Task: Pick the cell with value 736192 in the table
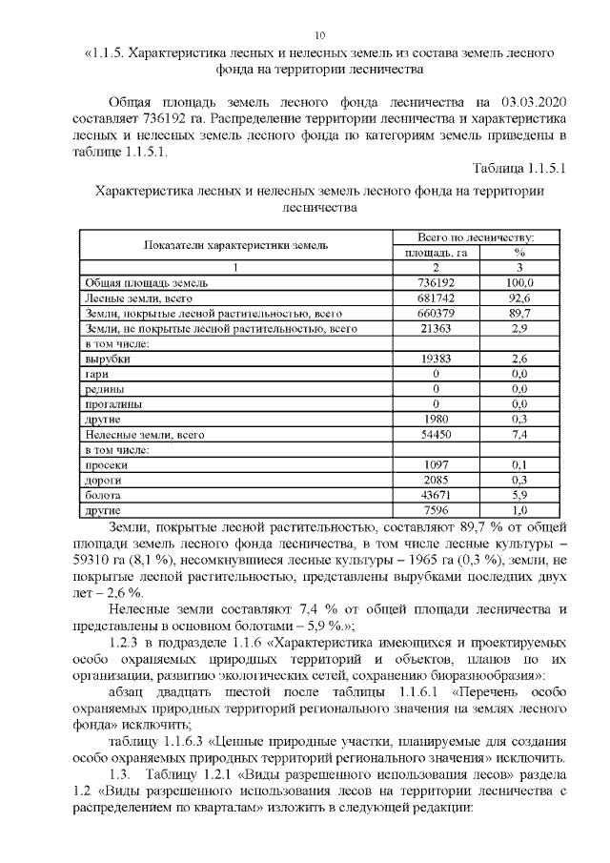[x=435, y=283]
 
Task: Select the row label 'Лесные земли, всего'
[x=133, y=298]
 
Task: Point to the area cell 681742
[x=435, y=298]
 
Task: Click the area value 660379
[x=435, y=313]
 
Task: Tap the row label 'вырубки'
[x=108, y=359]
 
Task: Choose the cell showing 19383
[x=435, y=359]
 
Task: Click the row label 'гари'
[x=99, y=374]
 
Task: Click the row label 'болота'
[x=103, y=496]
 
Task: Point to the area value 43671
[x=435, y=496]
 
